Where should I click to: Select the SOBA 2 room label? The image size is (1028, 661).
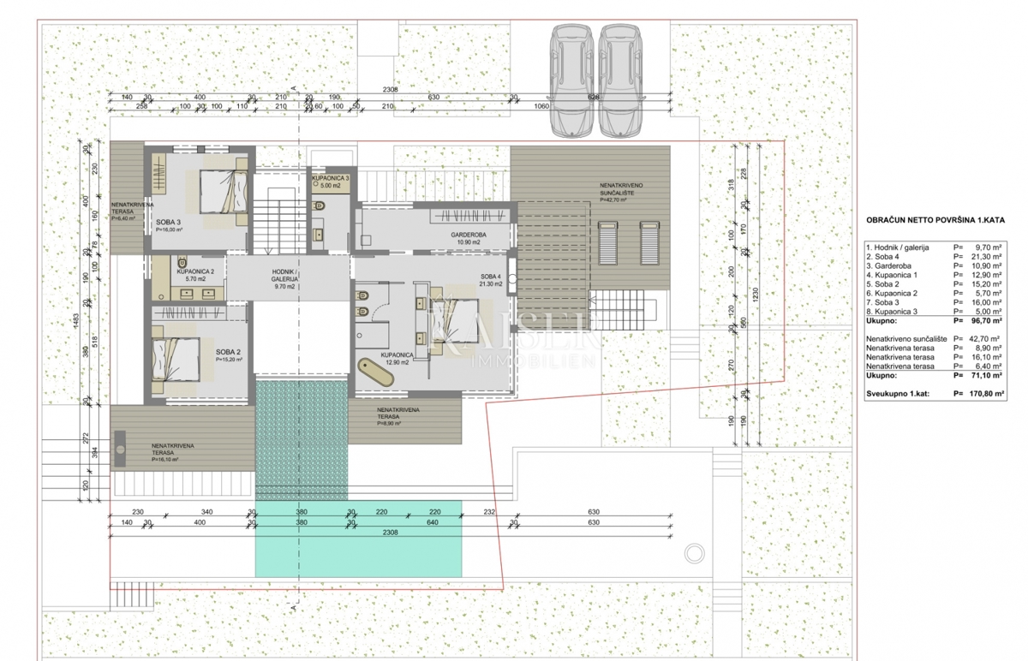tap(228, 352)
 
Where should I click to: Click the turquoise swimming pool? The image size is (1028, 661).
tap(358, 538)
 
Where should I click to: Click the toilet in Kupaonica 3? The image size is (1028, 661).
tap(320, 206)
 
